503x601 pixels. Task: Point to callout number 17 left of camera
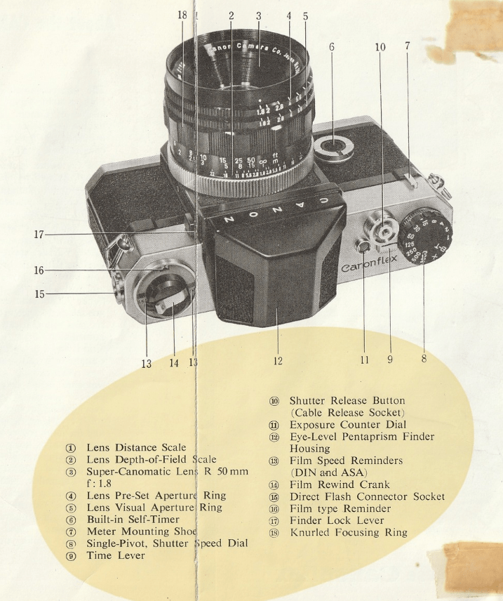pos(39,235)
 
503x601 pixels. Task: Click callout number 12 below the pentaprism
pos(278,361)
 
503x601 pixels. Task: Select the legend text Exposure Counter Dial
pos(347,425)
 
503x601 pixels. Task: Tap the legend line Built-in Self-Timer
pos(133,520)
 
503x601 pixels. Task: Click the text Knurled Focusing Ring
pos(348,532)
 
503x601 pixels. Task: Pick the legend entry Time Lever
pos(116,555)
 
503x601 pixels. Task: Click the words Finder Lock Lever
pos(337,520)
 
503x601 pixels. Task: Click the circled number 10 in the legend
pos(274,401)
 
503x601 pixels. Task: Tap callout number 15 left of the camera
pos(39,293)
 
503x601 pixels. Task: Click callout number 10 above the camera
pos(380,47)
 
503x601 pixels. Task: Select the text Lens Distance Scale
pos(136,447)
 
